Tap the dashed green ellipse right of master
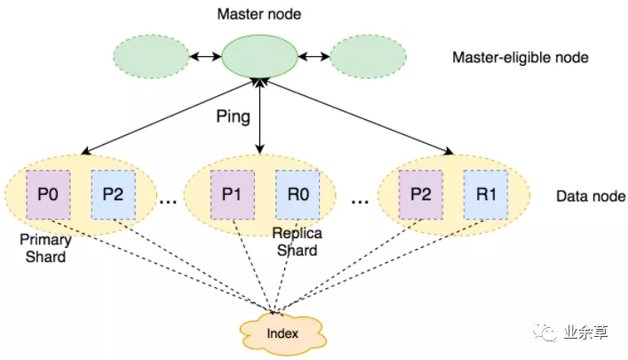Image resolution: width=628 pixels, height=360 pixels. pyautogui.click(x=368, y=57)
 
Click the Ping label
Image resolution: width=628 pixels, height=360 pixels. pyautogui.click(x=232, y=116)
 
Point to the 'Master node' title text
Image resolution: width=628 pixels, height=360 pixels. pyautogui.click(x=258, y=15)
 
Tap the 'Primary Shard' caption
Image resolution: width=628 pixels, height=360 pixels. pyautogui.click(x=44, y=249)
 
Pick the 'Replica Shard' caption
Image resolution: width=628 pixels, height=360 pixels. pyautogui.click(x=297, y=242)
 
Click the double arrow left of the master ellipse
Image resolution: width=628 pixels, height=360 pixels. pyautogui.click(x=204, y=57)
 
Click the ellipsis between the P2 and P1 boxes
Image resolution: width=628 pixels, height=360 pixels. pyautogui.click(x=167, y=201)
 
